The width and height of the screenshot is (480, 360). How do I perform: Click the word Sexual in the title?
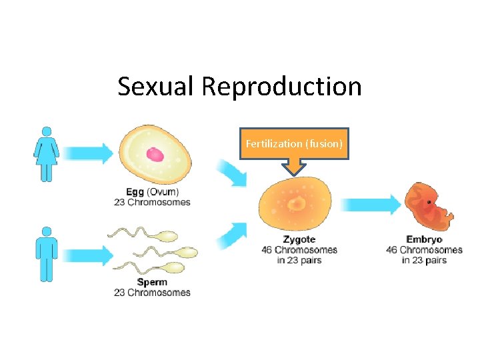pos(157,87)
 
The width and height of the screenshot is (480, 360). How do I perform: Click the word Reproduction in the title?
pos(281,87)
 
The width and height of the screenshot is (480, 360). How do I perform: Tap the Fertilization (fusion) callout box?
pos(294,144)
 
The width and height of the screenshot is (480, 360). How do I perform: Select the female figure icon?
pos(46,154)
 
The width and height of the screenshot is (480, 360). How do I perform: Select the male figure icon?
pos(46,254)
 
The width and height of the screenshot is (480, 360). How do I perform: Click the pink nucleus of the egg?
pos(155,155)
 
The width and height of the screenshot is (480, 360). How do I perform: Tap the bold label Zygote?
pos(299,239)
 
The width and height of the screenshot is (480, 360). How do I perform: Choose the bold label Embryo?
pos(424,239)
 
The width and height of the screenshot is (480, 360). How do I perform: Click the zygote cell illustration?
pos(294,203)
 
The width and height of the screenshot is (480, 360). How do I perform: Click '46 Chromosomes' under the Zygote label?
pos(299,250)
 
